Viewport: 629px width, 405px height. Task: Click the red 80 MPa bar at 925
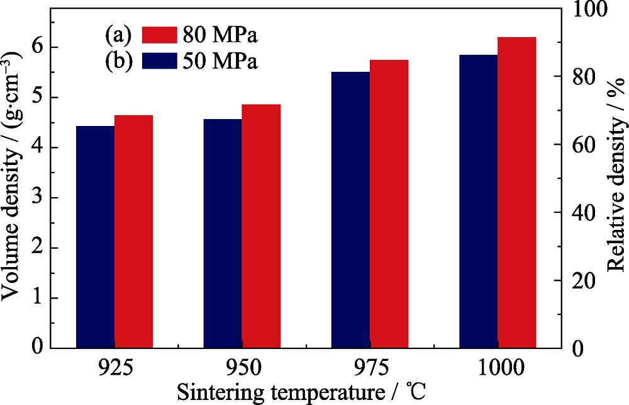(134, 231)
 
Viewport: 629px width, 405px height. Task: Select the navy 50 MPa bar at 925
(96, 237)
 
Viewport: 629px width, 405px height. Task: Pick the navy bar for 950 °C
(223, 233)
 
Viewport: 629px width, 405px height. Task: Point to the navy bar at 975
(350, 209)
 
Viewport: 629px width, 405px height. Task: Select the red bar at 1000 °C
(516, 192)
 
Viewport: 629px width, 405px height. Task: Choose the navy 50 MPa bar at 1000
(478, 201)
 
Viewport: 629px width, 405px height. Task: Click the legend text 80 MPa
(220, 35)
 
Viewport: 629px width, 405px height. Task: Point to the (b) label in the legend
(118, 62)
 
